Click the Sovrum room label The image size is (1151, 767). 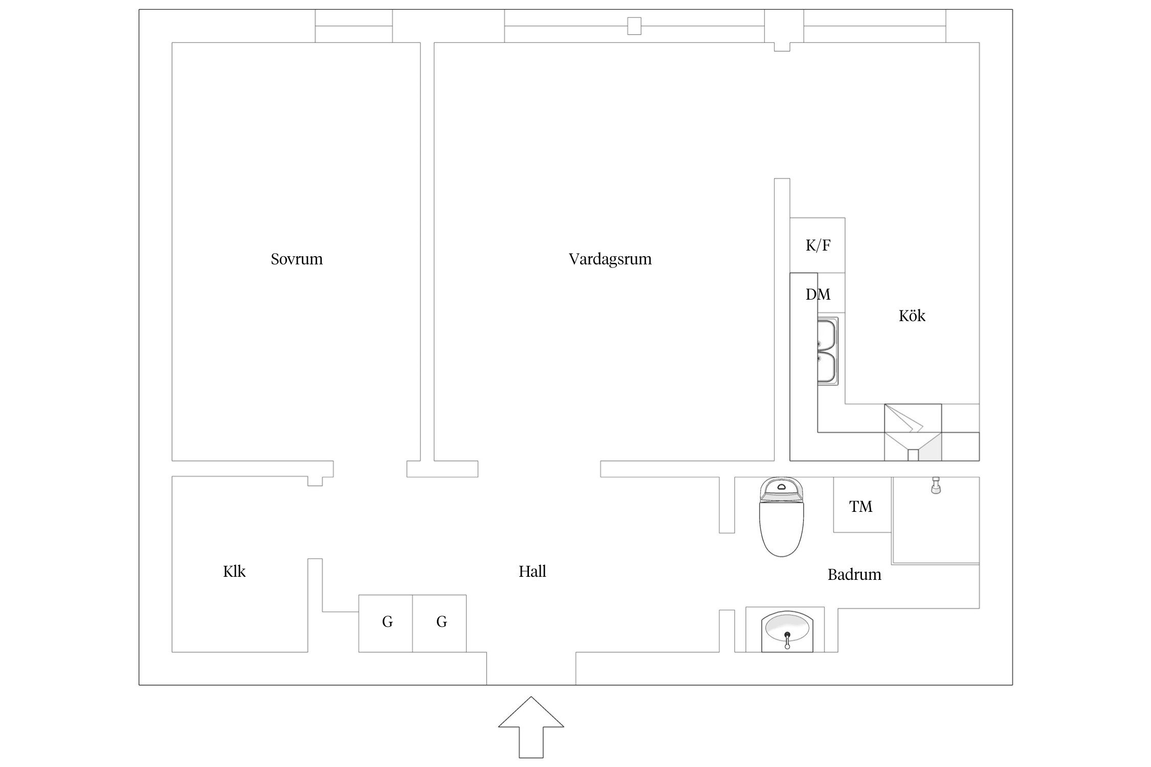297,259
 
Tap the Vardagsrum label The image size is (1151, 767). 610,259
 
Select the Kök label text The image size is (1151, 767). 912,316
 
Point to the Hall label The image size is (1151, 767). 532,571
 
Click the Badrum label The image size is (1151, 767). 854,575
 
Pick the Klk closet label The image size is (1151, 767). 234,571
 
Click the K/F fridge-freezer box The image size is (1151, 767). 817,245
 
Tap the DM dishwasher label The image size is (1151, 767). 818,295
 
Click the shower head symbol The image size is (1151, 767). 936,485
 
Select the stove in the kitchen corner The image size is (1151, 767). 913,432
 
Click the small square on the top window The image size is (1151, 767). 634,26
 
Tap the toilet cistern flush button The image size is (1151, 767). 781,486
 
